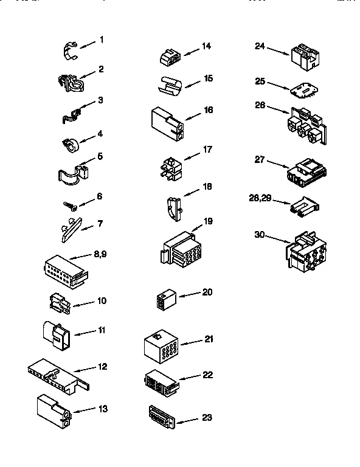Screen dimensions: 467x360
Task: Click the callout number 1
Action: pos(102,40)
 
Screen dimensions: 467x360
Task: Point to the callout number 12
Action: pos(102,367)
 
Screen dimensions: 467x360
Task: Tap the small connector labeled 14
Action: pos(168,58)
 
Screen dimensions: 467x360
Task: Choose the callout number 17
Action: pos(207,148)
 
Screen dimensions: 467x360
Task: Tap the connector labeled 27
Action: pos(304,172)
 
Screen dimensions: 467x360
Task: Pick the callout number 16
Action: pos(208,110)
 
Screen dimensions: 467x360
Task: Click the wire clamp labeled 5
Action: pos(71,172)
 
